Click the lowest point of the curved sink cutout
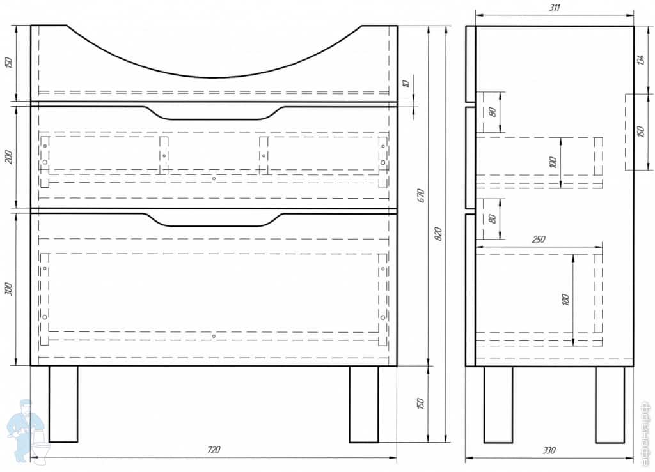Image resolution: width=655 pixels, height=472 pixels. (x=213, y=77)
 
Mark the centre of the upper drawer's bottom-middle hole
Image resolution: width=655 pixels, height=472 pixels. (x=214, y=178)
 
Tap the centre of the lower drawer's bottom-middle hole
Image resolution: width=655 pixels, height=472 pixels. (x=214, y=336)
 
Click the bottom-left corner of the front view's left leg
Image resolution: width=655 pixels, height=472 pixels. (x=49, y=442)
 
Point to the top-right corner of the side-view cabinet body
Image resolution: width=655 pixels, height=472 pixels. (x=633, y=26)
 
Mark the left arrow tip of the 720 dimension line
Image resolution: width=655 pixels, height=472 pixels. (x=31, y=457)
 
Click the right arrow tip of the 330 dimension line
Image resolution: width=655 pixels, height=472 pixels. (x=634, y=458)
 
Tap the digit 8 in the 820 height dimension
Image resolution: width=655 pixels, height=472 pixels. (x=438, y=240)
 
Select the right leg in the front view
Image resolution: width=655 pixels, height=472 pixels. (x=364, y=404)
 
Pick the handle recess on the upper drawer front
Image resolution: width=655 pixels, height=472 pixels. (x=214, y=113)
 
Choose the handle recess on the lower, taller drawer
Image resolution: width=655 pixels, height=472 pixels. (x=214, y=220)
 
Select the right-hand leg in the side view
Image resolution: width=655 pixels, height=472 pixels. (x=610, y=404)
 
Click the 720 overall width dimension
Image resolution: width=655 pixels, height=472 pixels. (x=214, y=450)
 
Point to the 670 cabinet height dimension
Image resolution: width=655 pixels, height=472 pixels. (x=421, y=195)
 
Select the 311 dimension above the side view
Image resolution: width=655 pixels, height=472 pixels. (x=555, y=8)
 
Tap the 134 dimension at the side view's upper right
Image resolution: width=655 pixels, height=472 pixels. (x=640, y=59)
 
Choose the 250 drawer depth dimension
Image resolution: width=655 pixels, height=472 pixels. (x=539, y=240)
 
